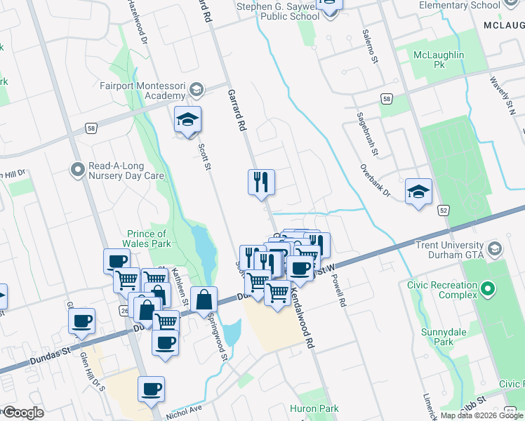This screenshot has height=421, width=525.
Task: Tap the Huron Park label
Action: pyautogui.click(x=314, y=408)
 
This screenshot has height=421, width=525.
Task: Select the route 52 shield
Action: pyautogui.click(x=443, y=210)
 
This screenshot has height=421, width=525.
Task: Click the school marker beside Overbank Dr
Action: pyautogui.click(x=418, y=192)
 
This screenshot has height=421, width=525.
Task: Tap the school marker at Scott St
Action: pyautogui.click(x=187, y=120)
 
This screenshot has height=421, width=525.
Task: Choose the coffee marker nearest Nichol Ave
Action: pyautogui.click(x=152, y=389)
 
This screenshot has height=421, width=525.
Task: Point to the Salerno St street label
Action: pyautogui.click(x=370, y=47)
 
